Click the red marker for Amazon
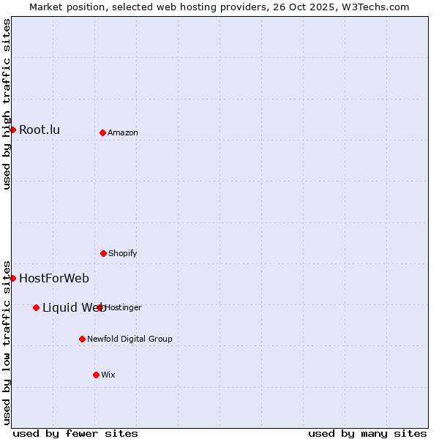click(102, 132)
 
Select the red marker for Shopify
click(103, 253)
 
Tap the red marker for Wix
click(96, 375)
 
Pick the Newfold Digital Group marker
click(82, 339)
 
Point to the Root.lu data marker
click(12, 130)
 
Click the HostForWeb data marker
click(12, 278)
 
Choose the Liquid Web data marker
click(36, 307)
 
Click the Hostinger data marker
click(100, 307)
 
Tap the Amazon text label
click(123, 132)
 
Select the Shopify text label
click(123, 253)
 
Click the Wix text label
click(108, 375)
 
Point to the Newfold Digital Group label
click(130, 339)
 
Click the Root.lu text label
click(40, 130)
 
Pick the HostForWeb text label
click(54, 278)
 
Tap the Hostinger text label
click(124, 307)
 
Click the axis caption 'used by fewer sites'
click(75, 433)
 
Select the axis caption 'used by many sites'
click(367, 433)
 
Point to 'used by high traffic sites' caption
click(7, 104)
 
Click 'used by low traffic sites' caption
click(7, 342)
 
